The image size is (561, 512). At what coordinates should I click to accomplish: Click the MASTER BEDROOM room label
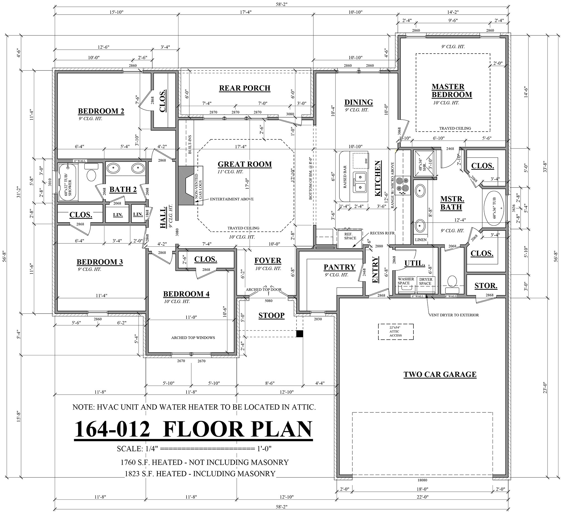pyautogui.click(x=452, y=90)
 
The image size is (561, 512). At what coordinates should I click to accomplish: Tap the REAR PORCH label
pyautogui.click(x=245, y=88)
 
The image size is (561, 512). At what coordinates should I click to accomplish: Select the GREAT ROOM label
pyautogui.click(x=245, y=164)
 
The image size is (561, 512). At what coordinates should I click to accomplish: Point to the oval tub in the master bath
pyautogui.click(x=494, y=208)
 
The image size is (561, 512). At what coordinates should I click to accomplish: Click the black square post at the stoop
pyautogui.click(x=300, y=334)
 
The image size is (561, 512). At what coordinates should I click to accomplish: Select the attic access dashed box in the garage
pyautogui.click(x=396, y=332)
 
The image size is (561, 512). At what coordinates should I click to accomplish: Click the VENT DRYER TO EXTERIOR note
pyautogui.click(x=454, y=315)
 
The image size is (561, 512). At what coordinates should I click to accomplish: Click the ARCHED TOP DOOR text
pyautogui.click(x=263, y=290)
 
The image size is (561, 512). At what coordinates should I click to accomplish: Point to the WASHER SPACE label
pyautogui.click(x=406, y=281)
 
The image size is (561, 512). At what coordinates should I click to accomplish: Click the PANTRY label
pyautogui.click(x=339, y=267)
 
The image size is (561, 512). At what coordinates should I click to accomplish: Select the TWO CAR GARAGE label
pyautogui.click(x=440, y=374)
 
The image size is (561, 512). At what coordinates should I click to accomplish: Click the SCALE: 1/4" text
pyautogui.click(x=138, y=449)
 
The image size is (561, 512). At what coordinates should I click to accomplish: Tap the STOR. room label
pyautogui.click(x=486, y=286)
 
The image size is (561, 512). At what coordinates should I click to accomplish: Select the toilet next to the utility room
pyautogui.click(x=452, y=281)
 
